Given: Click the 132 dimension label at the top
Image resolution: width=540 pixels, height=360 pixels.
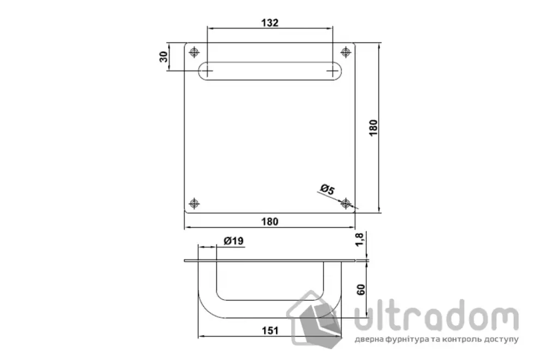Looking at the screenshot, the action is (x=269, y=23).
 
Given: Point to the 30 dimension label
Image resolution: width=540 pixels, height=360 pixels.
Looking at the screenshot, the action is (x=164, y=57).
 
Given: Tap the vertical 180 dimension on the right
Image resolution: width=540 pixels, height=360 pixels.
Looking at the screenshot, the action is (x=373, y=128).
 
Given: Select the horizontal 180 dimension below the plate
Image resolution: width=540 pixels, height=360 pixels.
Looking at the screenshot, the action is (x=269, y=221).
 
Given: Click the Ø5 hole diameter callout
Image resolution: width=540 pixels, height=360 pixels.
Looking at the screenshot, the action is (x=327, y=189).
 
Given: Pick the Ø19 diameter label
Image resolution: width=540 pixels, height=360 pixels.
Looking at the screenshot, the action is (x=233, y=241).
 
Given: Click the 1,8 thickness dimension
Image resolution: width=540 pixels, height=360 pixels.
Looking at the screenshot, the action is (x=359, y=240).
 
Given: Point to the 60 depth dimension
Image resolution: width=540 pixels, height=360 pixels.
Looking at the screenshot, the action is (x=361, y=290).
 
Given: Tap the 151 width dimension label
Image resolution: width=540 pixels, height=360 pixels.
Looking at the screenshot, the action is (x=270, y=331).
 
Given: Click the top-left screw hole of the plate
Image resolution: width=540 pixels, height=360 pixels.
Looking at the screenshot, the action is (x=194, y=52).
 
